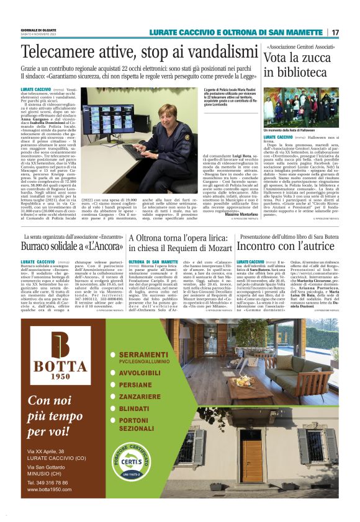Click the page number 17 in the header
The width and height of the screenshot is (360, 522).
tap(335, 32)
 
